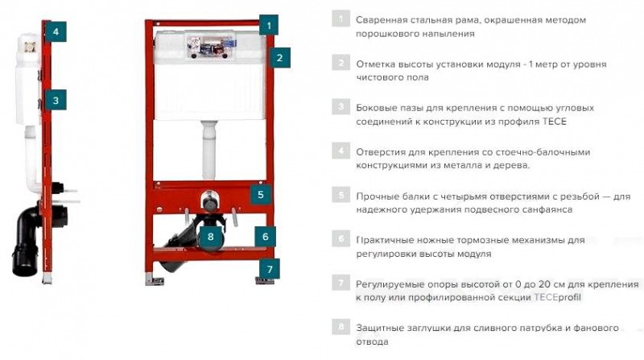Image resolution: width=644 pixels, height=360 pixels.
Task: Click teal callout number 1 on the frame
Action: [269, 26]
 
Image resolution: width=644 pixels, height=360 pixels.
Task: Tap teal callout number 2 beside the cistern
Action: [279, 57]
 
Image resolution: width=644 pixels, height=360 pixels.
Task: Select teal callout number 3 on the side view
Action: [56, 101]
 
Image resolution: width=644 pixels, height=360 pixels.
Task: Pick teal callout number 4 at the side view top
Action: [56, 31]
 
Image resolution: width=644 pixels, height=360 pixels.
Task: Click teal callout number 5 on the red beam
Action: [260, 194]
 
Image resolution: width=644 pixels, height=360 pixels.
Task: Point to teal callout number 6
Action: [266, 236]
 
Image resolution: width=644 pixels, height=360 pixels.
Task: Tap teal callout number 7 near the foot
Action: [270, 269]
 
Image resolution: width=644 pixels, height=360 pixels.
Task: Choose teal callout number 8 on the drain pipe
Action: [211, 236]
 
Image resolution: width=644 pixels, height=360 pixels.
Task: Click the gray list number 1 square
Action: [341, 19]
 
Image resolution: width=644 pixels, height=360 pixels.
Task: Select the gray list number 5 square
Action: [341, 195]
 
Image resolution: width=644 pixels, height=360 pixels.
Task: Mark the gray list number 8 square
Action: [341, 327]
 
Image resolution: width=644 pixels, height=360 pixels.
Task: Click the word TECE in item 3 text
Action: [555, 122]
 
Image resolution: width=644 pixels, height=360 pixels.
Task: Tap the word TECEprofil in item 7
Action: [558, 297]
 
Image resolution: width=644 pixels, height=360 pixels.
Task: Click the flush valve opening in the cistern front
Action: [210, 45]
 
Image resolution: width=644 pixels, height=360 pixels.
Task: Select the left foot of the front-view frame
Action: [155, 280]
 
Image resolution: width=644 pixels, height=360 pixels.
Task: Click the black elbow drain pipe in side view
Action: [27, 242]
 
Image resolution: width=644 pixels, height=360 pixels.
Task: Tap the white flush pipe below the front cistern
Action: [209, 150]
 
